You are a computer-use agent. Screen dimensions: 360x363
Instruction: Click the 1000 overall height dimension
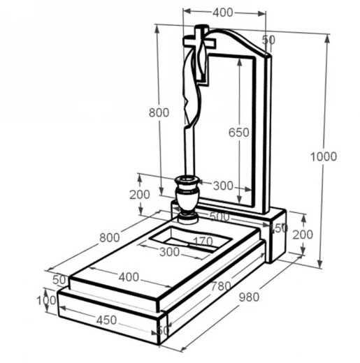[x=324, y=156]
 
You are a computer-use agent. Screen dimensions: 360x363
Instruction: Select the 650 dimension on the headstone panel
[x=239, y=133]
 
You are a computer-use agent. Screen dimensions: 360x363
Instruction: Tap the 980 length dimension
[x=249, y=297]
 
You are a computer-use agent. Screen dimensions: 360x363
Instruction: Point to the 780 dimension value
[x=221, y=286]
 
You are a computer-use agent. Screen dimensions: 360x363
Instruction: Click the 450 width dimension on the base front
[x=106, y=320]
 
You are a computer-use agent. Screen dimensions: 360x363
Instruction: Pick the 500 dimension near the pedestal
[x=219, y=217]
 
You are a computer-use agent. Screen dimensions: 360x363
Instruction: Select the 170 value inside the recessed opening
[x=203, y=242]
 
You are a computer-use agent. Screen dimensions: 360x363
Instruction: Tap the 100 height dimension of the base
[x=46, y=300]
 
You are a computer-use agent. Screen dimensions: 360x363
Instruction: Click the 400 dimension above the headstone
[x=223, y=13]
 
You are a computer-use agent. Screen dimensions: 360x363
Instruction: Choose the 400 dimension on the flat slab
[x=129, y=277]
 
